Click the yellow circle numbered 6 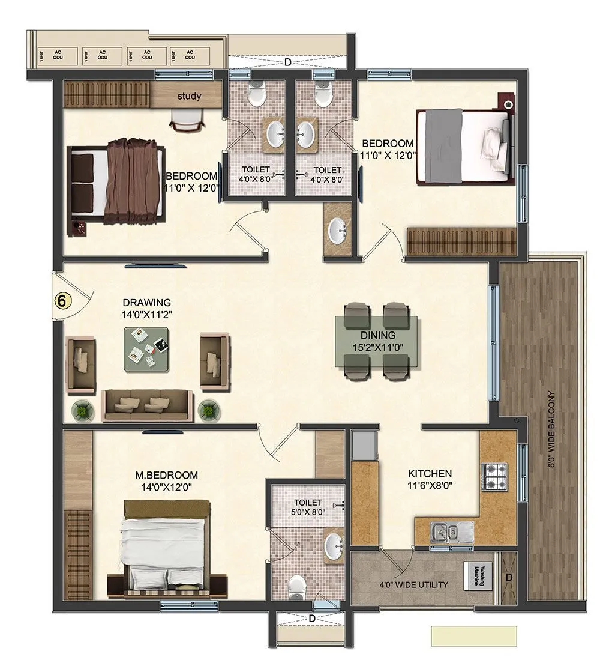61,300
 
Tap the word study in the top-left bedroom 188,96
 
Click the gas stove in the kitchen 495,475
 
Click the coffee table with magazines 147,349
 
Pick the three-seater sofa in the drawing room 147,405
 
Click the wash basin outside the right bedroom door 338,229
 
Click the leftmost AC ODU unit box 60,55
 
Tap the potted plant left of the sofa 82,411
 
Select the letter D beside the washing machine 509,577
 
